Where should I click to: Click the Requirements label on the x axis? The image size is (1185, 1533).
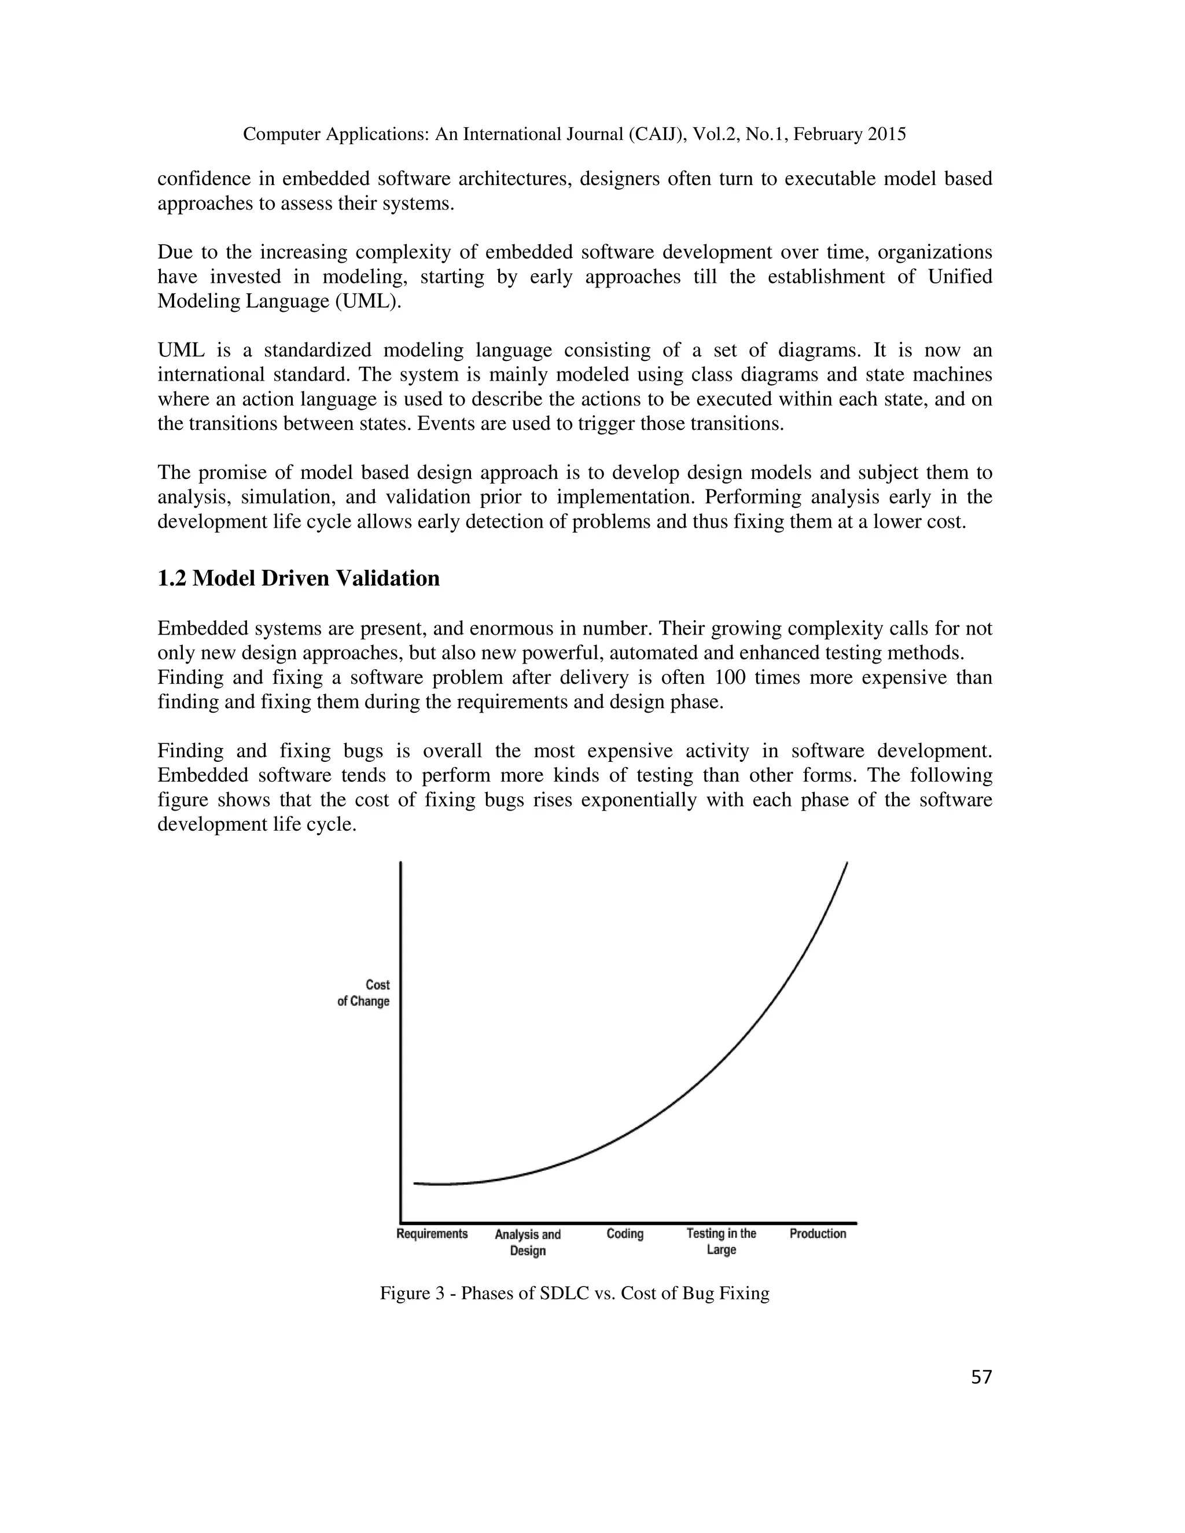click(x=432, y=1233)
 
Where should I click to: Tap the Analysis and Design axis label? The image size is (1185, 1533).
click(x=527, y=1241)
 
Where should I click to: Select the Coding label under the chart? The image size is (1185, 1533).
click(x=625, y=1233)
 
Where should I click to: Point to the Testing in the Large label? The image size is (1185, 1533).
click(x=721, y=1241)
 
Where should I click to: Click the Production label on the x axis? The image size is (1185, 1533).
click(x=818, y=1233)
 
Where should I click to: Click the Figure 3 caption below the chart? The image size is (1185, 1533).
click(x=574, y=1292)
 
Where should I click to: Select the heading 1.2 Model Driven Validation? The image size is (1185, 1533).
click(x=299, y=578)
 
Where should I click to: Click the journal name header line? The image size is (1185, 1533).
click(x=574, y=134)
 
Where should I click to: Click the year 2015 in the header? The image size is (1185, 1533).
click(x=886, y=134)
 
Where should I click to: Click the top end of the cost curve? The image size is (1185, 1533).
click(x=847, y=863)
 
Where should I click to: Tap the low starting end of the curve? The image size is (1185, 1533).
click(x=415, y=1184)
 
